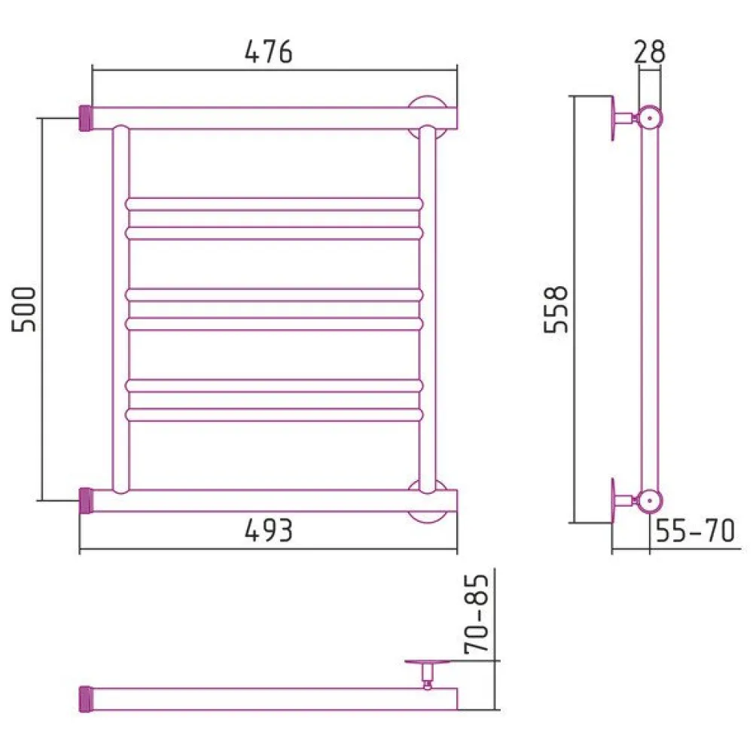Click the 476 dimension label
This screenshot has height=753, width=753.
pos(269,52)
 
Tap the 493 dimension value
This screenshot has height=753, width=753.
pos(269,531)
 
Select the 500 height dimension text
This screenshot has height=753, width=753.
pos(24,309)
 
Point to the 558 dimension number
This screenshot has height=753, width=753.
pos(556,309)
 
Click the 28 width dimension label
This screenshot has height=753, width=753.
pos(649,52)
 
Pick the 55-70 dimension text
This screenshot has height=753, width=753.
pos(695,531)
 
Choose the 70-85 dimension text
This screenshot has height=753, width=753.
pos(477,614)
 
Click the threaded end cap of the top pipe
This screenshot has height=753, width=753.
pos(86,118)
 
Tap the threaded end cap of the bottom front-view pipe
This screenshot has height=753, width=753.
pos(86,501)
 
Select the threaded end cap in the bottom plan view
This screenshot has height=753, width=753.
pos(86,700)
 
